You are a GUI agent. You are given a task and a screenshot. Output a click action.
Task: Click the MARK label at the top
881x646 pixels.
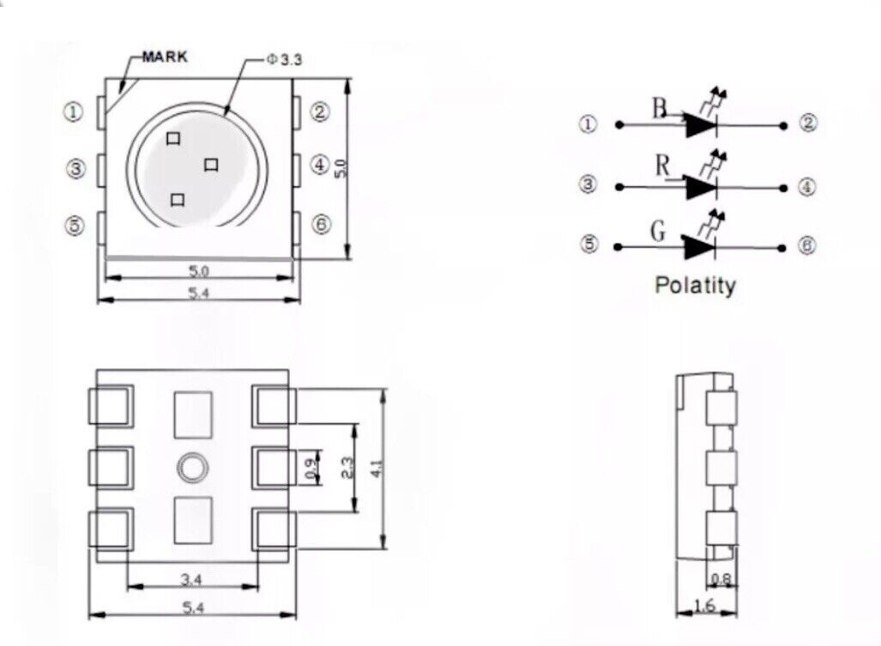click(164, 57)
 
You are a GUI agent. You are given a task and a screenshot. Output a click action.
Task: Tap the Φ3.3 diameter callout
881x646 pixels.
click(284, 60)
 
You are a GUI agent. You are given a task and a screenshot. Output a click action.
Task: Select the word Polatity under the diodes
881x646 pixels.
click(695, 285)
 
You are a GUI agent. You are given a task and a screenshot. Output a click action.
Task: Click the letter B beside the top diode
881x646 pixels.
click(658, 109)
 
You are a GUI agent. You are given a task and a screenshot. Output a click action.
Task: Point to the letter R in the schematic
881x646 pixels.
click(661, 166)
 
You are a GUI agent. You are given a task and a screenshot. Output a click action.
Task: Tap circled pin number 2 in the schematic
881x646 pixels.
click(808, 124)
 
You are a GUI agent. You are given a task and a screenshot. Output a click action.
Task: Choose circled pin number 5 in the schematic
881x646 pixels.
click(588, 245)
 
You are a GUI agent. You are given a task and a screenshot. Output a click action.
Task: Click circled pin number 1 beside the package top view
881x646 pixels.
click(75, 112)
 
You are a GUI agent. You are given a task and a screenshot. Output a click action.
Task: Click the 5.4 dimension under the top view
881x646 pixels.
click(198, 293)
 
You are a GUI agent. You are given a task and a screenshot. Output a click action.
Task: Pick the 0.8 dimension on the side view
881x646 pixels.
click(721, 580)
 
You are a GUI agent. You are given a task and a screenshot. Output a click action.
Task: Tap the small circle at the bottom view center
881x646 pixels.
click(192, 468)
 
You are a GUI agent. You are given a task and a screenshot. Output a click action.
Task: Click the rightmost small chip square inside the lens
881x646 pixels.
click(211, 165)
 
